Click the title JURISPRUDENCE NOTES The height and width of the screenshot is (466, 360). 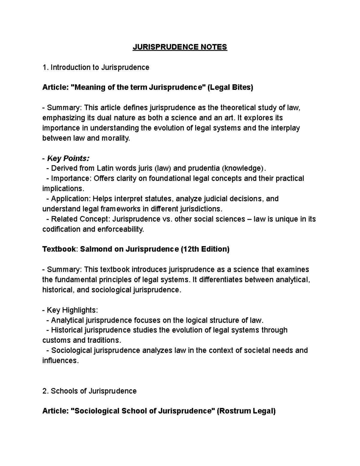pos(180,47)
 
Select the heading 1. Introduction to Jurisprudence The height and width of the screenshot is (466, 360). pos(96,67)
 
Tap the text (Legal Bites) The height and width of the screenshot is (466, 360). pos(230,87)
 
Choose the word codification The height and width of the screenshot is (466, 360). pos(61,229)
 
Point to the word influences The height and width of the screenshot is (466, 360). pos(60,360)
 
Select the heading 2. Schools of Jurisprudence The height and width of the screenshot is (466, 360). pos(89,391)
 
